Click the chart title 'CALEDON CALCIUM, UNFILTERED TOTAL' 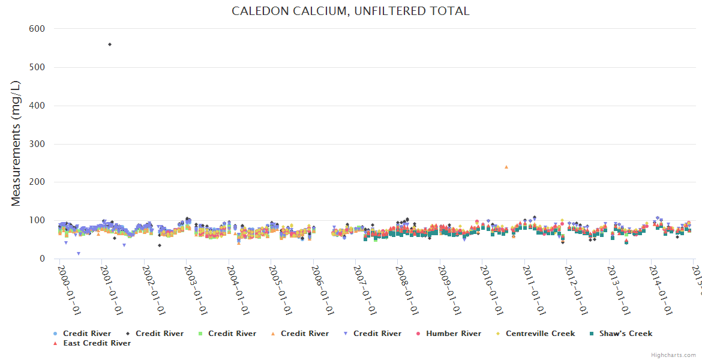[350, 11]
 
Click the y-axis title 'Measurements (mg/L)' [16, 144]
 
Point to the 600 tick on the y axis [37, 29]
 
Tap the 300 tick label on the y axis [37, 144]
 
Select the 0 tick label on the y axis [42, 259]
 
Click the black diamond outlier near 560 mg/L [109, 44]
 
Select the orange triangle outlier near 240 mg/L [506, 167]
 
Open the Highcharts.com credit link [673, 355]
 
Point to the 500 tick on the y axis [37, 67]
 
